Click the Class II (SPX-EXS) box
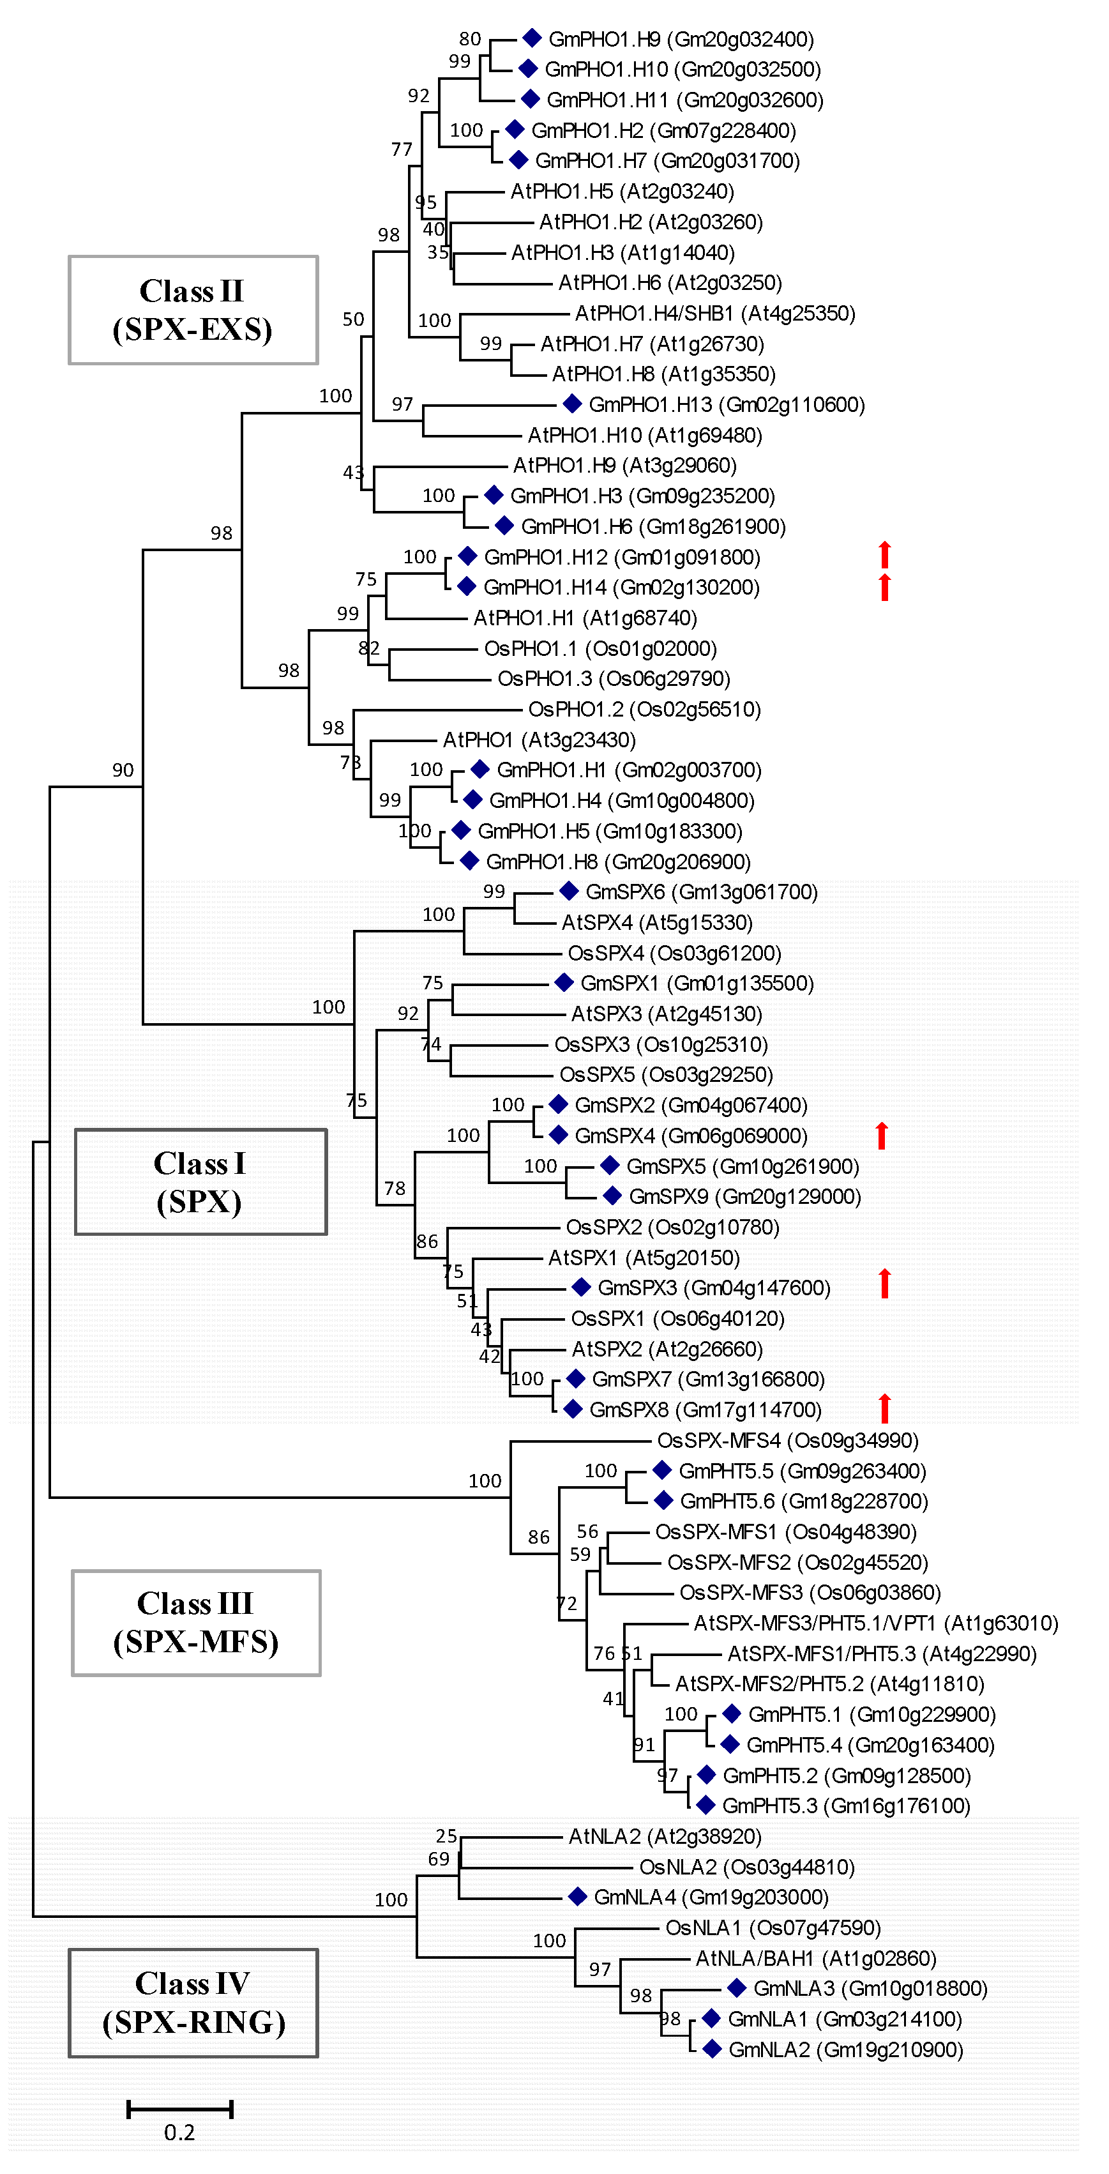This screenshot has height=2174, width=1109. (x=193, y=310)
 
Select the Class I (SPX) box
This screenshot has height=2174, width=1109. (x=201, y=1182)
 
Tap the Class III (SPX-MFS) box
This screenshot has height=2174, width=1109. (x=196, y=1622)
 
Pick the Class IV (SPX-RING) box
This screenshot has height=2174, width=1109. (x=193, y=2003)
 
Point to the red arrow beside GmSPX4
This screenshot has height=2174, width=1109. (x=882, y=1136)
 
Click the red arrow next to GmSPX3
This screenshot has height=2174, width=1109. (x=884, y=1284)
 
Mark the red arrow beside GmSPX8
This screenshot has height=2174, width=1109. (x=884, y=1408)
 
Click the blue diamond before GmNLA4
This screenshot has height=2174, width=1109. (x=577, y=1897)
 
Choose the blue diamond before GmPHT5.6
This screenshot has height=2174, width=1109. (x=663, y=1501)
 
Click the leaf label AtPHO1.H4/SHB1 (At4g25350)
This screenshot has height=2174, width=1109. (x=715, y=313)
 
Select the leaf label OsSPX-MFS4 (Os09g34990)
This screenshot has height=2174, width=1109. (x=787, y=1441)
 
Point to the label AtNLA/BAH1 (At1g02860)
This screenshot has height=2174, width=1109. (x=815, y=1958)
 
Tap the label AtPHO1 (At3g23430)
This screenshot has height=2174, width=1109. (x=539, y=740)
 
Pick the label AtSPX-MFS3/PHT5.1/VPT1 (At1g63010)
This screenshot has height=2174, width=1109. (x=875, y=1623)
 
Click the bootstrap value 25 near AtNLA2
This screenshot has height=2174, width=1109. (x=446, y=1836)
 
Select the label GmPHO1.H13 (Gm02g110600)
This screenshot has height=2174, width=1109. (x=727, y=405)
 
